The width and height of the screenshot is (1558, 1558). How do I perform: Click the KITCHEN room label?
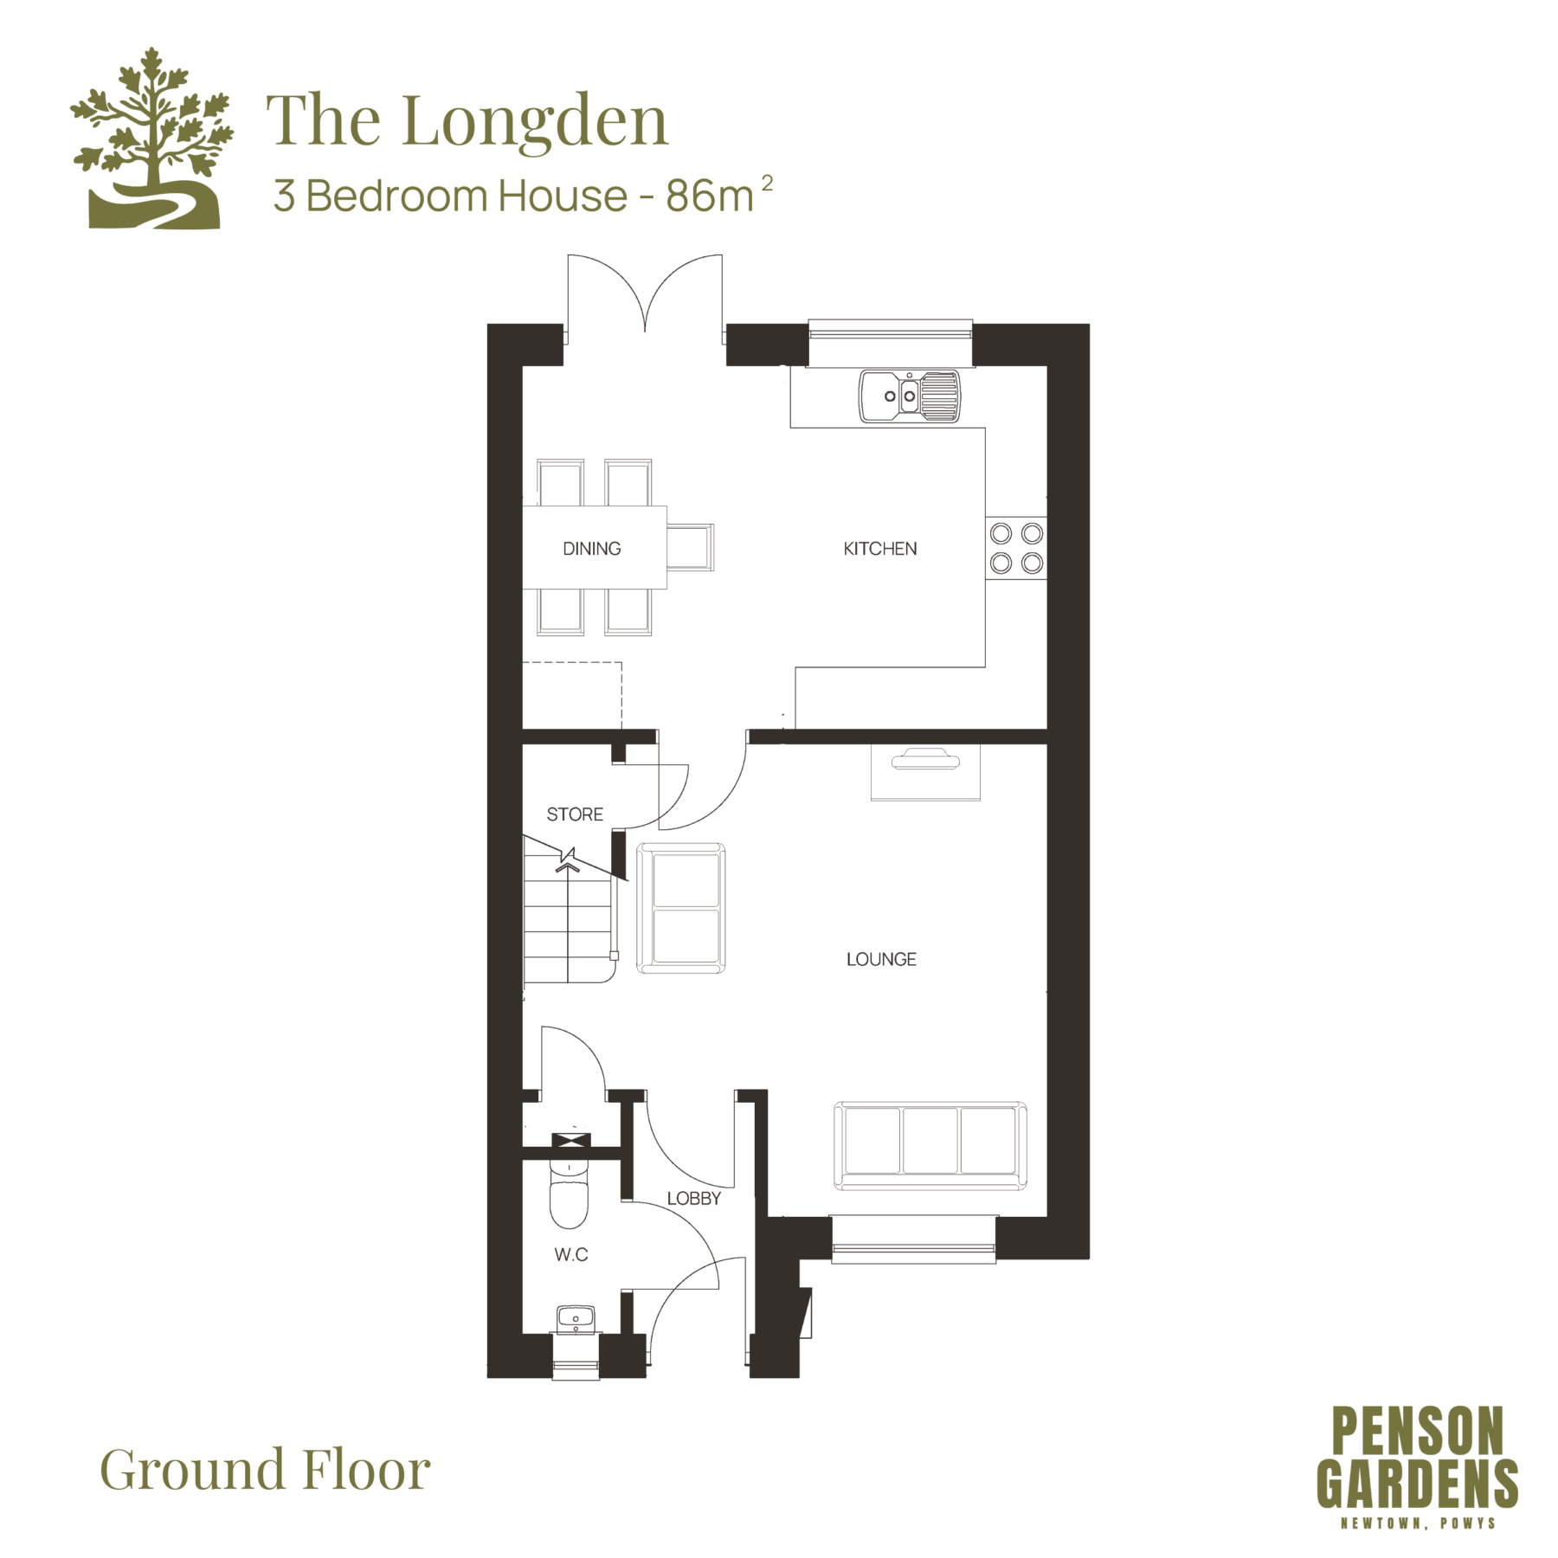879,549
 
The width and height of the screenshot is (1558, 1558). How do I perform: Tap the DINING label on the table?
591,549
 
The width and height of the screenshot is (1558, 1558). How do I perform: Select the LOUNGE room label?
881,959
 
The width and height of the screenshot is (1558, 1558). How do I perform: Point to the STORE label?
575,814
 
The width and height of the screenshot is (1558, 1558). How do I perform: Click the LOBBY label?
693,1198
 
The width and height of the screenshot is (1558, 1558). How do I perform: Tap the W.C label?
571,1254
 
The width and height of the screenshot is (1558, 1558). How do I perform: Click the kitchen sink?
910,396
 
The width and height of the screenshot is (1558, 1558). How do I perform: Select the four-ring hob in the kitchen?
1016,549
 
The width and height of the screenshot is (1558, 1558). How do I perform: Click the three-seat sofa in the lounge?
930,1145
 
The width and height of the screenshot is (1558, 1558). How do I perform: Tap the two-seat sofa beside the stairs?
681,908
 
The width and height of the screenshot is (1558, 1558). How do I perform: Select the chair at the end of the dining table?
690,547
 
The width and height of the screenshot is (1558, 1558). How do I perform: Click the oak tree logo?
152,138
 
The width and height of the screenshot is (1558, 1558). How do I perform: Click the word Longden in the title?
535,123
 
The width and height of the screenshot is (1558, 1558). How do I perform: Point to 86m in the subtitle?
710,196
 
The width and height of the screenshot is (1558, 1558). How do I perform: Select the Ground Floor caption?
265,1470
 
